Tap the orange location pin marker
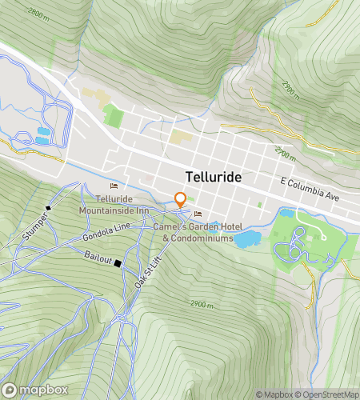point(181,200)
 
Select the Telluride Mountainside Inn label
point(114,204)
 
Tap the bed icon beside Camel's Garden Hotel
point(198,213)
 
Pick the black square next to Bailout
point(118,263)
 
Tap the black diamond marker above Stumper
point(48,207)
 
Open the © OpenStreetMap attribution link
point(327,394)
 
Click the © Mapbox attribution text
point(274,394)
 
